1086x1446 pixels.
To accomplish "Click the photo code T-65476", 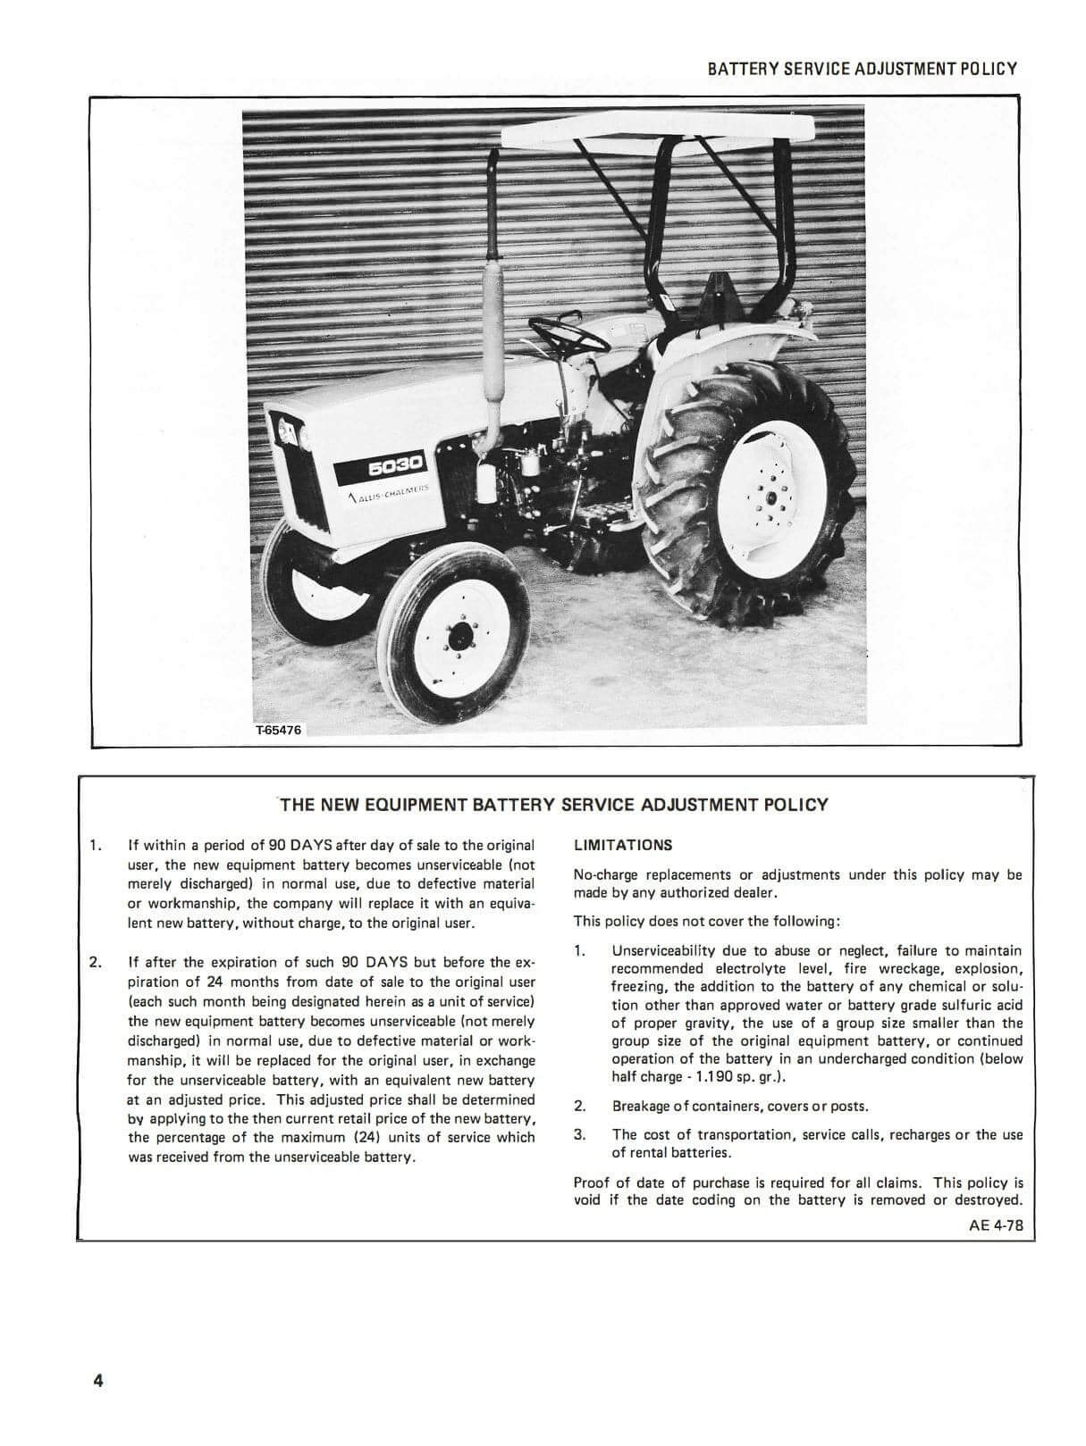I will pos(279,730).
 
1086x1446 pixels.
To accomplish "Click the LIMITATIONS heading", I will pos(623,845).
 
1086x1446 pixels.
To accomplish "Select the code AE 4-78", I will pos(996,1225).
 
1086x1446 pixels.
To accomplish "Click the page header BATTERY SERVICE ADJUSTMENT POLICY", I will pos(862,69).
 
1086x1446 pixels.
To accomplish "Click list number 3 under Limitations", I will pos(579,1134).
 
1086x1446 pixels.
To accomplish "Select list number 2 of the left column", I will pos(95,962).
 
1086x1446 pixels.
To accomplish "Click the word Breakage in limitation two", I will pos(642,1107).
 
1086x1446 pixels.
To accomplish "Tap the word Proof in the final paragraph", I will pos(592,1183).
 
